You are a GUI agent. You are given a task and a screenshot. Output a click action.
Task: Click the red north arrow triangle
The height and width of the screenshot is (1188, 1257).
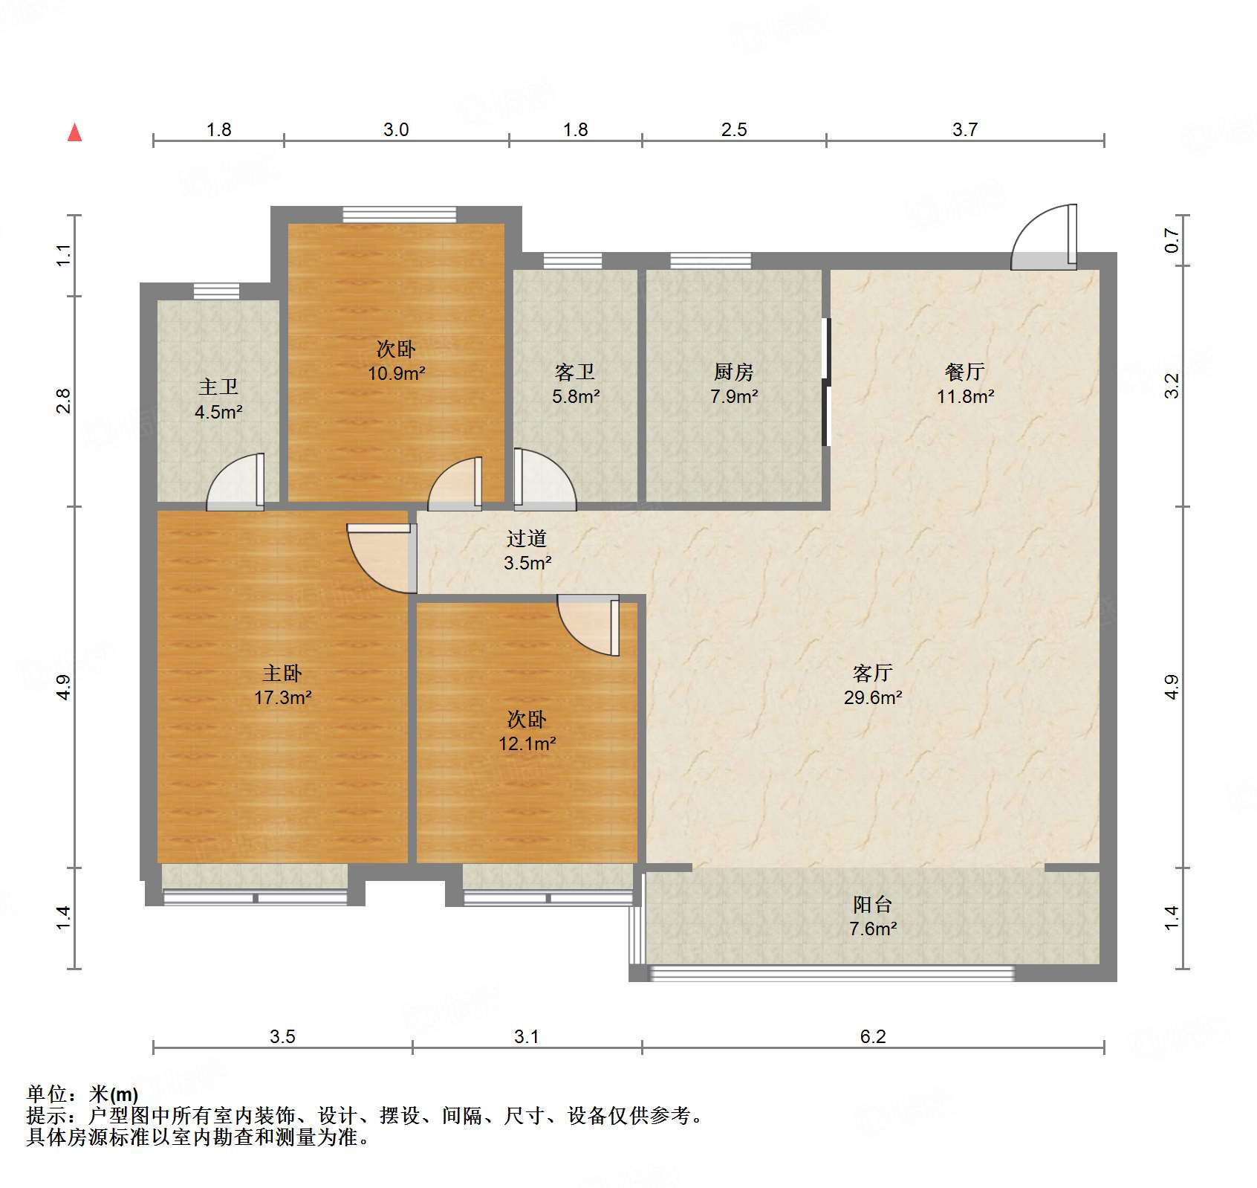[75, 133]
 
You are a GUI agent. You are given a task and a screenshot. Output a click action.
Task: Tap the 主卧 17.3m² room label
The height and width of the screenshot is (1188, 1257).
[282, 685]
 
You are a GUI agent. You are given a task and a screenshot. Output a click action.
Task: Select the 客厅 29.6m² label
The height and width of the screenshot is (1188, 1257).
[872, 685]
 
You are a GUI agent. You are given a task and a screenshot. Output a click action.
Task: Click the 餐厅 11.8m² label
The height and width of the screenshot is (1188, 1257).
[964, 384]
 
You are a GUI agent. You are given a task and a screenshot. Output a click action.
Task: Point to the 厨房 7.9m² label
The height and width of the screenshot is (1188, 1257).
[733, 384]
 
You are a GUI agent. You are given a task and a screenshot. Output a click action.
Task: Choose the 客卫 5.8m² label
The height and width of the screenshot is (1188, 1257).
[575, 384]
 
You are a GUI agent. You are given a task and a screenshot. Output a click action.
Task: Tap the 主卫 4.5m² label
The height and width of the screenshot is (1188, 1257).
[218, 399]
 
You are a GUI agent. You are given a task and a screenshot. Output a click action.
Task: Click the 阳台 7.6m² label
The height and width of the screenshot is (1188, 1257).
[872, 916]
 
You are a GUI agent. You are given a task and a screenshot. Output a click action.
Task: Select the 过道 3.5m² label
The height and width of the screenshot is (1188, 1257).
[527, 550]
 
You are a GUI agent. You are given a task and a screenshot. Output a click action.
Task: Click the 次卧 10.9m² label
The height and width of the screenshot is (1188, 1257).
[396, 361]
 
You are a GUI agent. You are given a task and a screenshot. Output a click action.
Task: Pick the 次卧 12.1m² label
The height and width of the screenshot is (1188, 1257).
[527, 731]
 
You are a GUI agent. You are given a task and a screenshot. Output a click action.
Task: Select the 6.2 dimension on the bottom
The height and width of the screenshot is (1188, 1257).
[872, 1036]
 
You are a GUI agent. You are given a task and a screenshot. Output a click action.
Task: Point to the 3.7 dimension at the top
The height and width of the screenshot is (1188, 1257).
[964, 129]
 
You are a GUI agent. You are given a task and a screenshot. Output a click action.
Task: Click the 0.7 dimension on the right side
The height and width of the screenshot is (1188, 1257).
[1172, 240]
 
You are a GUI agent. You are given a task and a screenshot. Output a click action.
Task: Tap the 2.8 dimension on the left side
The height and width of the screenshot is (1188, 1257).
[64, 401]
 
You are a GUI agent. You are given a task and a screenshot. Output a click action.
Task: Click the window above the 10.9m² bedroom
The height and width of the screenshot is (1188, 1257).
[399, 215]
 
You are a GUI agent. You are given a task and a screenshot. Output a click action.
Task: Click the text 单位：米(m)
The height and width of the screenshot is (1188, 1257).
[82, 1094]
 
